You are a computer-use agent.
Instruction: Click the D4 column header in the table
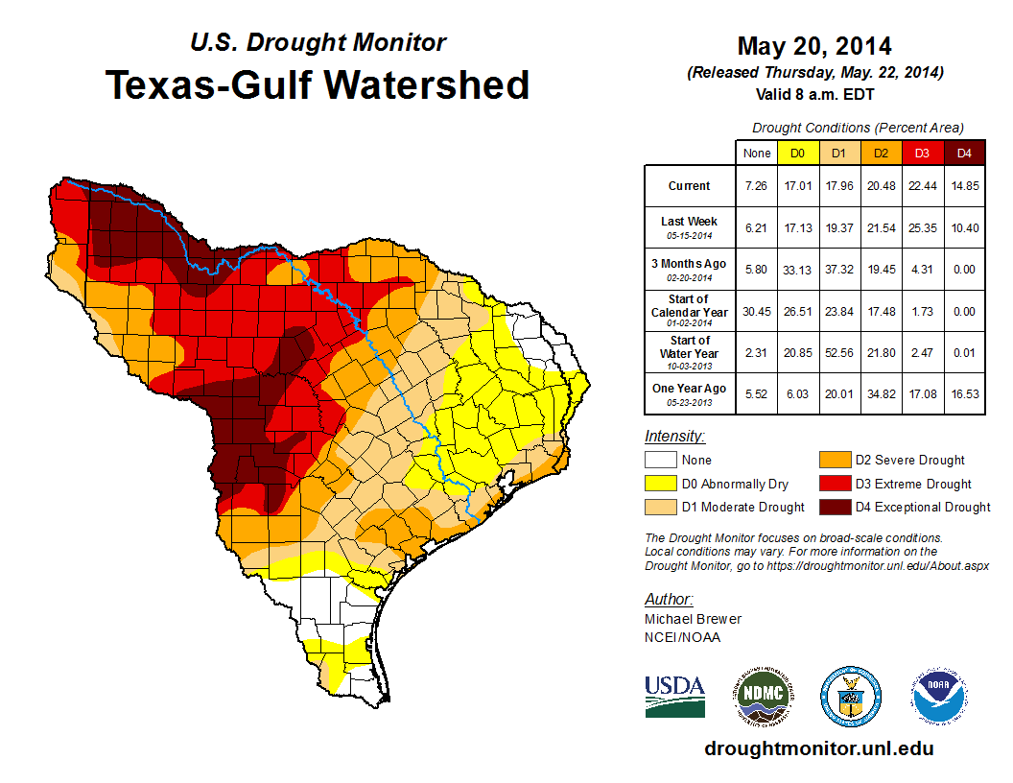(x=964, y=153)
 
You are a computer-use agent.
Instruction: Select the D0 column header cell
(x=797, y=153)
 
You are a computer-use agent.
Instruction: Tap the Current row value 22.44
(x=922, y=186)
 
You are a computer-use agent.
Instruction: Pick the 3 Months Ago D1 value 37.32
(x=838, y=269)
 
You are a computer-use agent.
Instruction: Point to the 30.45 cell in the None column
(x=756, y=310)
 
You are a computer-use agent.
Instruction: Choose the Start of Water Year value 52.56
(x=838, y=353)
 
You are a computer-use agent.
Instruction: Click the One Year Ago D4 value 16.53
(x=964, y=393)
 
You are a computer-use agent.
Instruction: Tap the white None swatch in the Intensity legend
(x=661, y=461)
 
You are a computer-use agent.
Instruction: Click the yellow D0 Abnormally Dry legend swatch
(x=661, y=484)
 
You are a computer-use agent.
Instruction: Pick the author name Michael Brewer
(x=693, y=619)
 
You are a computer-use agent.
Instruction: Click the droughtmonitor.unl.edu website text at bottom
(x=818, y=748)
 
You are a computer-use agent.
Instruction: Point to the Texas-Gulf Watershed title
(x=317, y=84)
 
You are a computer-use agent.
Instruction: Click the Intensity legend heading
(x=674, y=437)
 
